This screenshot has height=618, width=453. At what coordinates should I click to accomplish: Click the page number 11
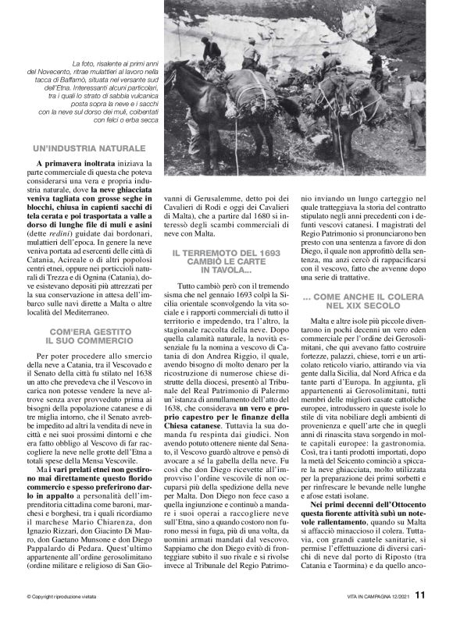point(419,595)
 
